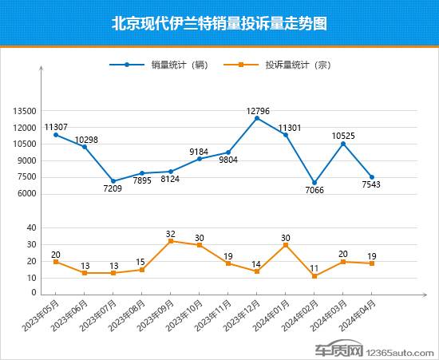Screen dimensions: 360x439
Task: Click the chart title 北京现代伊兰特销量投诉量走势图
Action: (219, 23)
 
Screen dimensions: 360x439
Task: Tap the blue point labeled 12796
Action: (257, 118)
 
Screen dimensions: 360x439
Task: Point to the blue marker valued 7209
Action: (113, 181)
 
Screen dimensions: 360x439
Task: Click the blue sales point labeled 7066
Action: (314, 183)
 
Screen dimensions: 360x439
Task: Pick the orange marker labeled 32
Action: (171, 241)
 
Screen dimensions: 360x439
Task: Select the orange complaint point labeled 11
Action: (314, 276)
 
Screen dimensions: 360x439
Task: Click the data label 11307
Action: (56, 126)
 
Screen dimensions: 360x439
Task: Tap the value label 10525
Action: (343, 135)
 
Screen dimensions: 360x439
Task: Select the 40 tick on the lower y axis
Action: (32, 228)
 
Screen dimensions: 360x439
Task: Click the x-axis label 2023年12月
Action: (243, 316)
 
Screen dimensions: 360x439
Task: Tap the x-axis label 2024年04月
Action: (358, 316)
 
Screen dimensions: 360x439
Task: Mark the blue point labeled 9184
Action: (200, 159)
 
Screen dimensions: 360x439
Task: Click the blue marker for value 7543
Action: (372, 177)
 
